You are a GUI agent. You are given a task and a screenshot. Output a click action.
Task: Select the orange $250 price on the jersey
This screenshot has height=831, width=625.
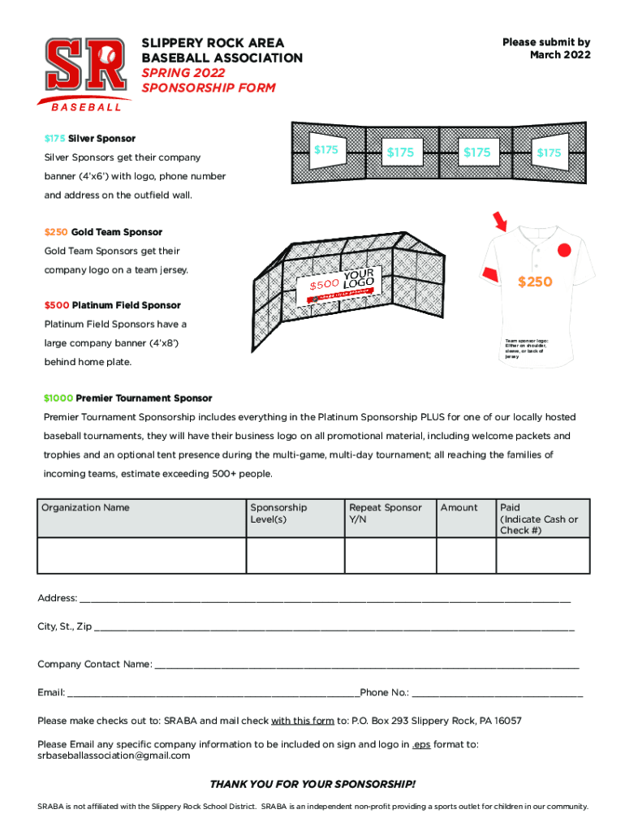click(535, 282)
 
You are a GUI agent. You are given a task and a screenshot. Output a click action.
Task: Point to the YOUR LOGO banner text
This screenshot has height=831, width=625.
click(358, 278)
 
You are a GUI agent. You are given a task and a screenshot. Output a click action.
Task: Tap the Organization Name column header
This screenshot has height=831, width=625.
click(85, 508)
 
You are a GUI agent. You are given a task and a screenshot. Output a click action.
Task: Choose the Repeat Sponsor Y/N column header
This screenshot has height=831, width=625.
click(385, 513)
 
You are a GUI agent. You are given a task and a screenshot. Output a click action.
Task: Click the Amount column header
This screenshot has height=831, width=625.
click(459, 508)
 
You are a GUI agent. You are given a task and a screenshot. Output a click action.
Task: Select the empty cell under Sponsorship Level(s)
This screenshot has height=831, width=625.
click(295, 555)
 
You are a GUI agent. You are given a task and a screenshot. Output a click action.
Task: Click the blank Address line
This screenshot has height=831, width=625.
click(325, 599)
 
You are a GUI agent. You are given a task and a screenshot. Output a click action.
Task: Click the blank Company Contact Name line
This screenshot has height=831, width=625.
click(366, 665)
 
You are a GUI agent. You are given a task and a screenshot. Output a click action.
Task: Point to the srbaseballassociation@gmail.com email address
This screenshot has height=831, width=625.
click(114, 756)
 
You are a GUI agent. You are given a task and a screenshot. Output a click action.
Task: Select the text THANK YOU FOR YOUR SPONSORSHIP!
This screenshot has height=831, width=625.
click(312, 784)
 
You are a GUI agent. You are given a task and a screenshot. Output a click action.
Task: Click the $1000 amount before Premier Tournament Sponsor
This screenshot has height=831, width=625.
click(58, 398)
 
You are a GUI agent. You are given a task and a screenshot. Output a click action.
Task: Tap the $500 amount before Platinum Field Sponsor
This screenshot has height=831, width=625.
click(57, 306)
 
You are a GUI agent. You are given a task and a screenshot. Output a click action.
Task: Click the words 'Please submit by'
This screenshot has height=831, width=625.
click(545, 42)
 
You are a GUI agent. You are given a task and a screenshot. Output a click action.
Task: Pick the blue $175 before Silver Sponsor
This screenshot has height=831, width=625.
click(54, 139)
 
